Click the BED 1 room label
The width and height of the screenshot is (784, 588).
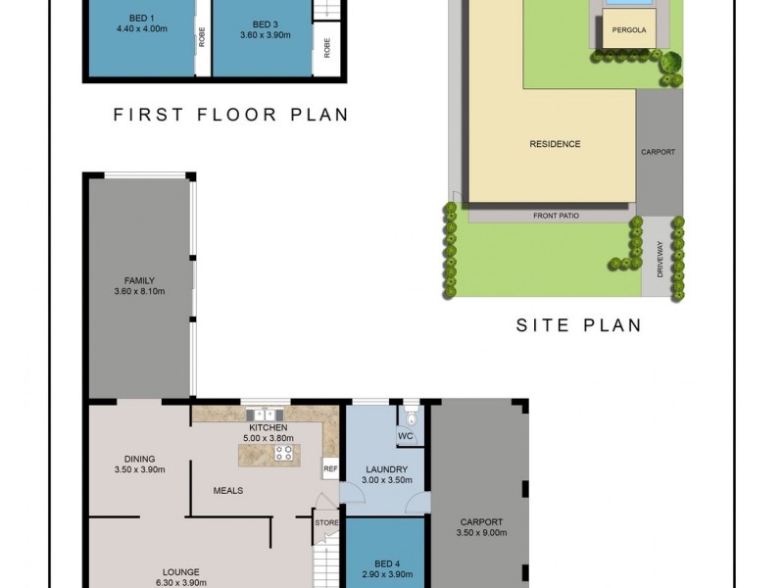[x=141, y=19]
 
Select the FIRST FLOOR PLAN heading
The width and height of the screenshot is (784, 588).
[x=230, y=115]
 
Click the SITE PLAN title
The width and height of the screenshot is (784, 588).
[x=578, y=325]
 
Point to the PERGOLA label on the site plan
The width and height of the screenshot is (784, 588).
[x=628, y=30]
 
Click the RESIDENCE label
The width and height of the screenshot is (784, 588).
[x=555, y=144]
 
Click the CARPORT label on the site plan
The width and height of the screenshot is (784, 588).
[x=658, y=153]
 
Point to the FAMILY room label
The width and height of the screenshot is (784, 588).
[x=140, y=280]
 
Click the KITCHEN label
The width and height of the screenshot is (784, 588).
[x=268, y=428]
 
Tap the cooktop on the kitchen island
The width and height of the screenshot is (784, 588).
[x=285, y=453]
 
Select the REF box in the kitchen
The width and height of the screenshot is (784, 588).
[x=330, y=469]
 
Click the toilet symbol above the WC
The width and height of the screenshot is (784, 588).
[x=411, y=413]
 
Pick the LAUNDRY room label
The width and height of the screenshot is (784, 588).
[x=386, y=469]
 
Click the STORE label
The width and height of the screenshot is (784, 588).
[x=326, y=522]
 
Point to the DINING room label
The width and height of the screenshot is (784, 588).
[x=139, y=459]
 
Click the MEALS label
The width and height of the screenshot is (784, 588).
[x=229, y=490]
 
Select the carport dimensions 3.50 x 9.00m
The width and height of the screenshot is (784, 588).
[x=480, y=533]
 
